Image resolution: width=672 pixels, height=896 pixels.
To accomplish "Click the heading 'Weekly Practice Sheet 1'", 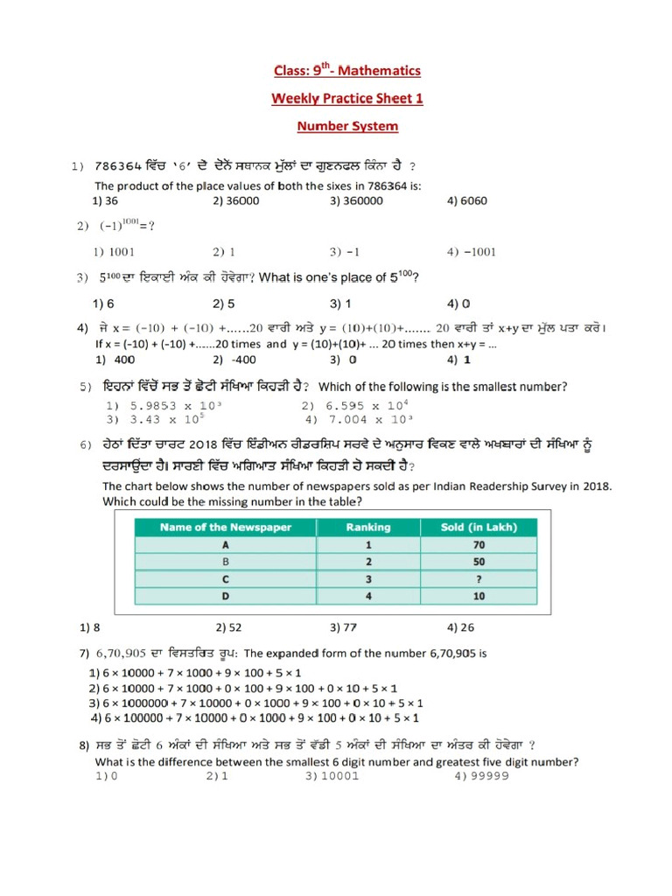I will (x=347, y=98).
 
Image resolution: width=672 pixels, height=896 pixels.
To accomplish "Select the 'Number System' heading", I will (x=347, y=126).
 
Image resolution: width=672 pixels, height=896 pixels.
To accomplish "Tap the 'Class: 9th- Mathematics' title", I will (x=347, y=70).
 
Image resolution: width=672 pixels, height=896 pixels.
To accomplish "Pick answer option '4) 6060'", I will (x=466, y=200).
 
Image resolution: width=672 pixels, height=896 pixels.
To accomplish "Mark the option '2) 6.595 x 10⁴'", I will (x=355, y=406).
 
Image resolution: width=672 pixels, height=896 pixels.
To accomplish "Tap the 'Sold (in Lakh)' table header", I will (x=479, y=527).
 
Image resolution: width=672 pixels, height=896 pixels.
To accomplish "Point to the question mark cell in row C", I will (x=479, y=579).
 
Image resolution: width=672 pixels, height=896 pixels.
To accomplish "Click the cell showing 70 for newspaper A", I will (x=479, y=544).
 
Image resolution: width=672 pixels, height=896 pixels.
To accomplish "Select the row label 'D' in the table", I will (x=226, y=597).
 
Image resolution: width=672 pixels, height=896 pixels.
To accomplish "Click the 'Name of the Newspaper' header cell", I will (x=226, y=527).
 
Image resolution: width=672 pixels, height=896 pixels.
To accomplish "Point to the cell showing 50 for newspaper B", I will (x=479, y=562).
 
